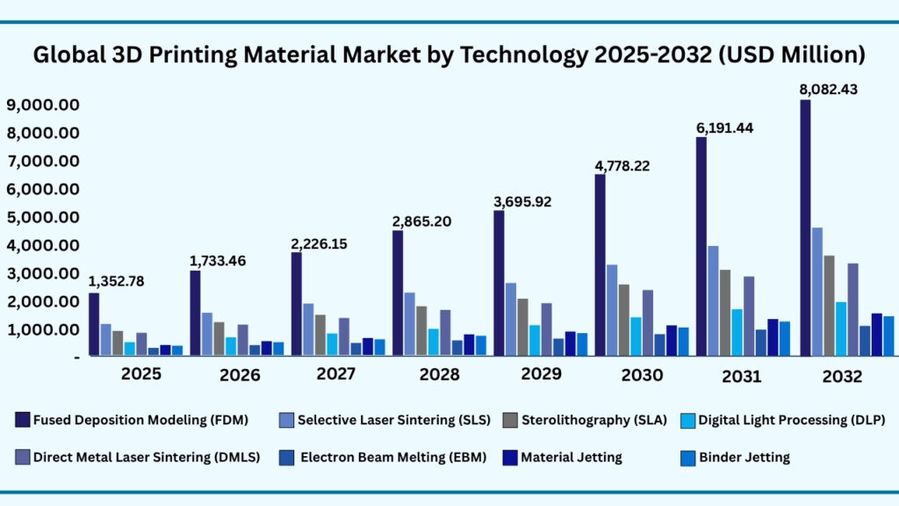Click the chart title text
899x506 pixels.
449,54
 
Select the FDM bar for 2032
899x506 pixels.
805,228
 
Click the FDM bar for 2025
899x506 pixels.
94,324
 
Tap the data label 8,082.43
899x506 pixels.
830,90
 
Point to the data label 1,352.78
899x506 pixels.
117,281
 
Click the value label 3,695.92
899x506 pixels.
522,201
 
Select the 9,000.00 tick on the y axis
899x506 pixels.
44,105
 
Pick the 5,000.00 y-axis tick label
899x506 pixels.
44,217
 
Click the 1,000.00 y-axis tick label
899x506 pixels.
44,329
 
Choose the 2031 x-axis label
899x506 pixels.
742,377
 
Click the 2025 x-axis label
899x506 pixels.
141,374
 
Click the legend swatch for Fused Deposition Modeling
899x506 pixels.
22,420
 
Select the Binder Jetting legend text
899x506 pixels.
744,457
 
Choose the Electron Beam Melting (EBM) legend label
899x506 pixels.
386,457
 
